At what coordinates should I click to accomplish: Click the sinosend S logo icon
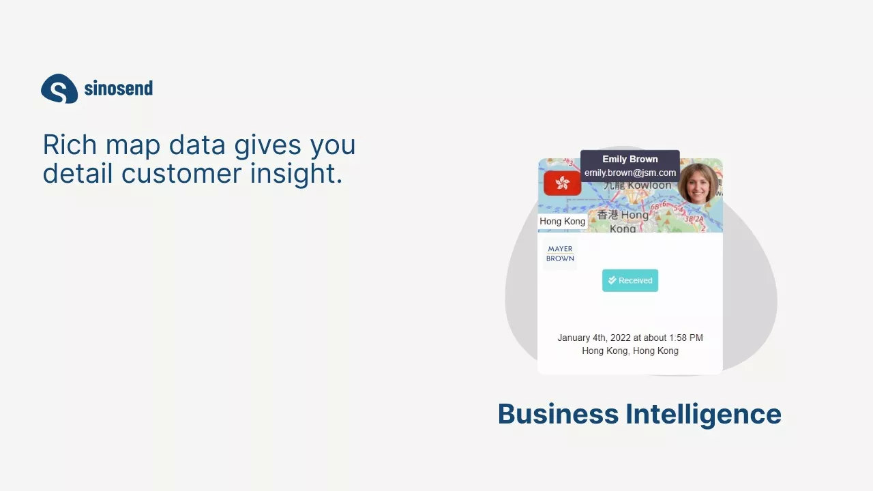pyautogui.click(x=59, y=89)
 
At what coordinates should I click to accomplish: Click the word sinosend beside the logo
pyautogui.click(x=119, y=88)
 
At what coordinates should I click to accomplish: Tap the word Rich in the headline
pyautogui.click(x=70, y=145)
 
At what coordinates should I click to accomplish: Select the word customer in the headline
pyautogui.click(x=181, y=173)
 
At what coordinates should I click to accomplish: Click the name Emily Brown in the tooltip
pyautogui.click(x=630, y=159)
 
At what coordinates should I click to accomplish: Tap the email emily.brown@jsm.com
pyautogui.click(x=630, y=173)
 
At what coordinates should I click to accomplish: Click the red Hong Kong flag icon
pyautogui.click(x=563, y=183)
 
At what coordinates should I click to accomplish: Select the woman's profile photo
pyautogui.click(x=698, y=183)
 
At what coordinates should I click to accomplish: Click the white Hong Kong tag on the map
pyautogui.click(x=563, y=222)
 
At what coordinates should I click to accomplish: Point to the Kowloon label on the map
pyautogui.click(x=649, y=185)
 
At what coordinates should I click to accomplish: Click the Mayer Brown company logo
pyautogui.click(x=560, y=254)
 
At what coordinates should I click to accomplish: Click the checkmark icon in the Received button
pyautogui.click(x=612, y=280)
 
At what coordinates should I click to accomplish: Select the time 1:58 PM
pyautogui.click(x=686, y=338)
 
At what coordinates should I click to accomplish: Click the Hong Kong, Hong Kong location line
pyautogui.click(x=630, y=351)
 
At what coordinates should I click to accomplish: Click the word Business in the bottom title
pyautogui.click(x=558, y=413)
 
